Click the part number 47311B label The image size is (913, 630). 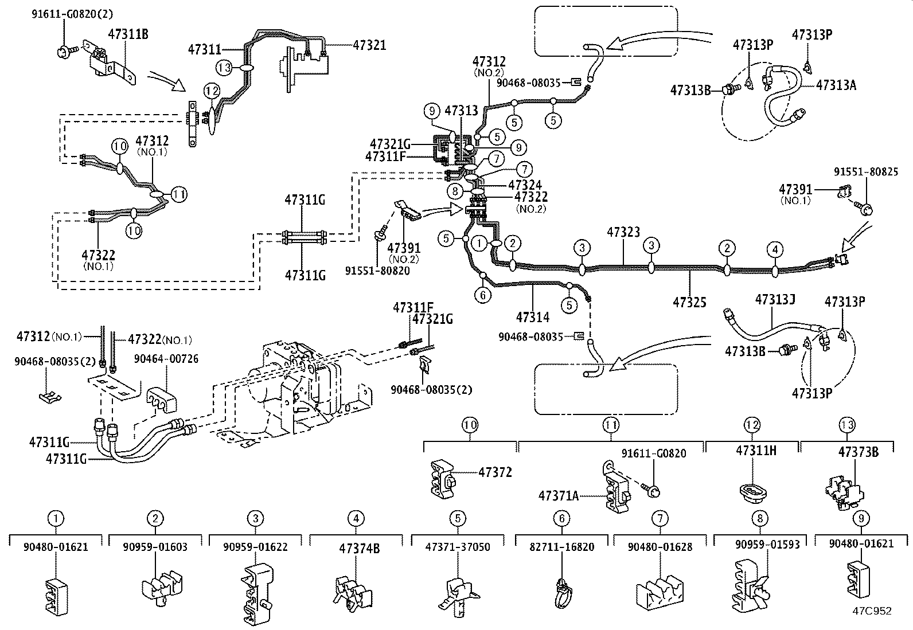coord(128,34)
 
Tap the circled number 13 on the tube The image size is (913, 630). coord(224,68)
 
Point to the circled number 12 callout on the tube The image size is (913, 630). coord(212,91)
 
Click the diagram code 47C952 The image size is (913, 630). coord(871,611)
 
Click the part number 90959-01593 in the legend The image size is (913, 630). coord(766,545)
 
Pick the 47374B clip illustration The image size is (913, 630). coord(351,590)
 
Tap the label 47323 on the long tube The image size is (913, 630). coord(623,232)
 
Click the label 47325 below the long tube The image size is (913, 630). coord(689,302)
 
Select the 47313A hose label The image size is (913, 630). coord(836,85)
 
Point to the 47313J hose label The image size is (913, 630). coord(775,299)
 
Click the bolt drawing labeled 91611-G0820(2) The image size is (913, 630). coord(64,52)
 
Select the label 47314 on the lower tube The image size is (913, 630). coord(532,317)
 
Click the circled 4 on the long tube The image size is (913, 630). coord(775,249)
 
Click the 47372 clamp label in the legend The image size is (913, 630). coord(495,472)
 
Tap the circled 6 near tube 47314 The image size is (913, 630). coord(483,295)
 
